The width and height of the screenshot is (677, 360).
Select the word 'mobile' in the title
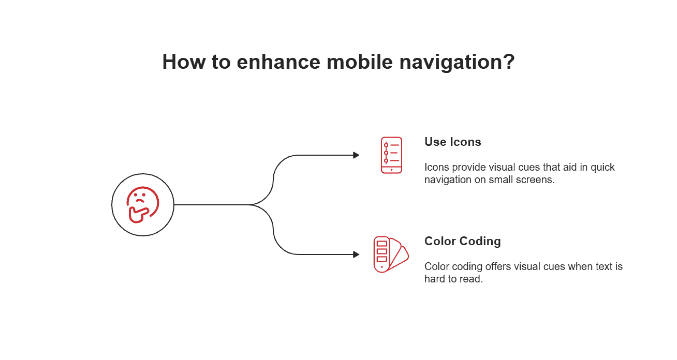[x=354, y=62]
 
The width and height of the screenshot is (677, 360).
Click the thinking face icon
[x=142, y=205]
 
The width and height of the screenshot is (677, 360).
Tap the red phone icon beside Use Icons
[x=391, y=155]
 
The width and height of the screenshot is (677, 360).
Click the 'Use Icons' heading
[x=452, y=142]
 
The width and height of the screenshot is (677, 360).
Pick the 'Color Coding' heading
[x=462, y=241]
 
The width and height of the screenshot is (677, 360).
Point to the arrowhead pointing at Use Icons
[x=356, y=155]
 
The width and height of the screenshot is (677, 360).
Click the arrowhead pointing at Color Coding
[x=356, y=254]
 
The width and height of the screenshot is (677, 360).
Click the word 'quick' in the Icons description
[x=602, y=168]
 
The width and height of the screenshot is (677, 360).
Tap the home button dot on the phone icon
[x=391, y=169]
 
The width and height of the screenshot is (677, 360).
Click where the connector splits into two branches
[x=252, y=205]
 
